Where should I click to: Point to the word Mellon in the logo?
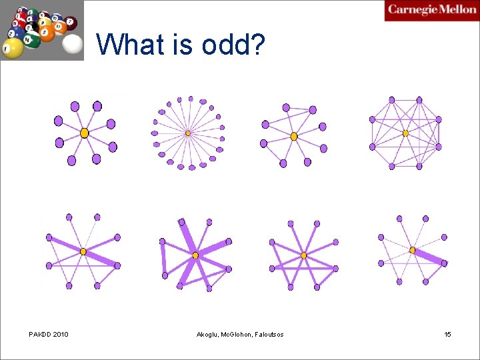pyautogui.click(x=458, y=10)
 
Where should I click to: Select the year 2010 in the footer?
pyautogui.click(x=60, y=334)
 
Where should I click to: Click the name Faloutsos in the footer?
pyautogui.click(x=269, y=334)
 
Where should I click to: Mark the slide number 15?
pyautogui.click(x=447, y=334)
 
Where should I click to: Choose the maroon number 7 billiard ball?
pyautogui.click(x=71, y=23)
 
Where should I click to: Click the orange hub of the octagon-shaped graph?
pyautogui.click(x=405, y=133)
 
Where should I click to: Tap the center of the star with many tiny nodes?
pyautogui.click(x=188, y=133)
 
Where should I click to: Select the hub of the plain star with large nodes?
pyautogui.click(x=84, y=133)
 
